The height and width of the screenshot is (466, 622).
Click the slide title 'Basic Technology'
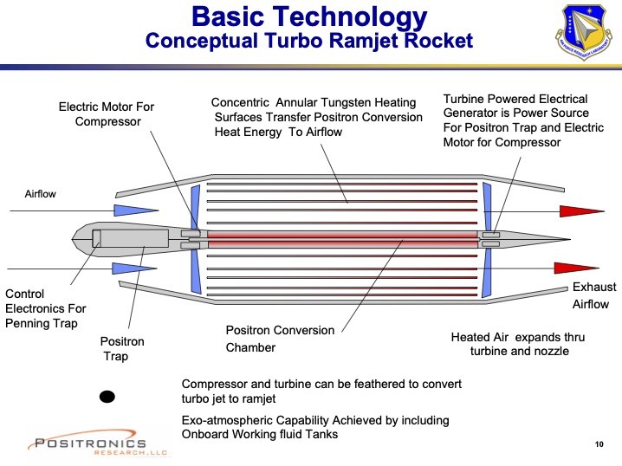pyautogui.click(x=310, y=16)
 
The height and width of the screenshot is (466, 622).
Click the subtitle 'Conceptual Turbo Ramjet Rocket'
pyautogui.click(x=309, y=40)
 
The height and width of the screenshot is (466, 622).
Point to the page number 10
pyautogui.click(x=599, y=444)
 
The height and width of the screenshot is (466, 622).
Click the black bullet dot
pyautogui.click(x=107, y=397)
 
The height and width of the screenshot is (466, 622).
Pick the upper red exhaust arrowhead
pyautogui.click(x=580, y=211)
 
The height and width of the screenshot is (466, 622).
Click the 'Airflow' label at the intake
pyautogui.click(x=40, y=194)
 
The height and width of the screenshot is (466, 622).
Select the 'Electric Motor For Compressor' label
pyautogui.click(x=107, y=114)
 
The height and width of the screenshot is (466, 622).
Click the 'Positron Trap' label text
pyautogui.click(x=120, y=348)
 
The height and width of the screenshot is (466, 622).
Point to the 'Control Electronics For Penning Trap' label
pyautogui.click(x=46, y=308)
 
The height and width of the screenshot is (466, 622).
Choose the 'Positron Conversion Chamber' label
pyautogui.click(x=279, y=339)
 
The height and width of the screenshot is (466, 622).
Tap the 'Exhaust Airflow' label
pyautogui.click(x=593, y=295)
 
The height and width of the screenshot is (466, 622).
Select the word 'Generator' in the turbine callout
pyautogui.click(x=475, y=113)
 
